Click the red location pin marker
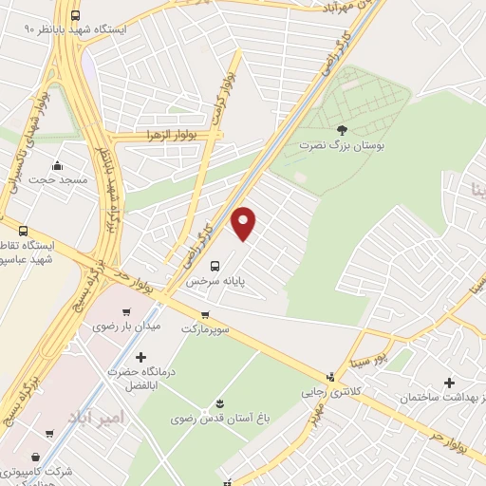244,223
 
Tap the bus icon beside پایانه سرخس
216,266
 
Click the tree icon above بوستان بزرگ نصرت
342,130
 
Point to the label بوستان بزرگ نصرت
333,147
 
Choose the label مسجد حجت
58,179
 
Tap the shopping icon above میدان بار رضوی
126,310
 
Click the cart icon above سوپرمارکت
205,315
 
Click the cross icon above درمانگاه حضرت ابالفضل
141,358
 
